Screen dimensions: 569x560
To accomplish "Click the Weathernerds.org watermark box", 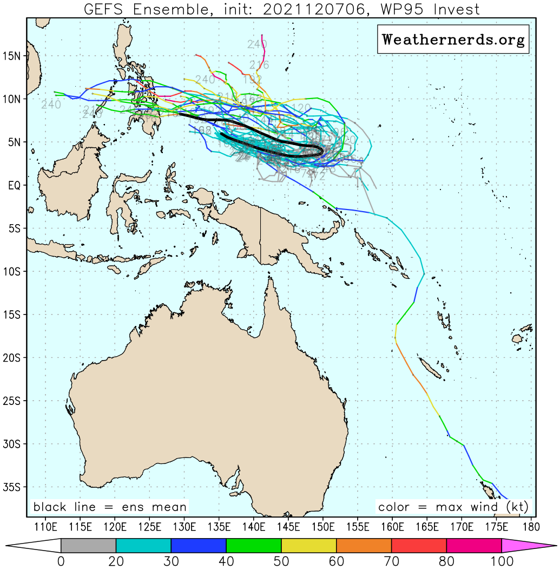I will click(453, 40).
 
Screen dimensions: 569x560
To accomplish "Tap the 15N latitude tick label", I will click(12, 56).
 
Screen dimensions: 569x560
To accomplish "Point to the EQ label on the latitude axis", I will click(15, 185).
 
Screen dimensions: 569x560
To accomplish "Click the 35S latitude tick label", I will click(12, 487).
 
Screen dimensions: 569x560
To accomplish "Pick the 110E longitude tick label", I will click(45, 526).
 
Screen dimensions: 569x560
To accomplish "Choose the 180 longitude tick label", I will click(530, 526).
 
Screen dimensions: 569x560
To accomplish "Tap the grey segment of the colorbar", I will click(88, 545).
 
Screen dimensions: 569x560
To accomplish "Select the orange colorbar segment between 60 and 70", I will click(364, 545).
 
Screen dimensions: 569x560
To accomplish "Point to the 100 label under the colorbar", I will click(502, 561).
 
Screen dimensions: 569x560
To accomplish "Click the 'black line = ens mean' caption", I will click(110, 507).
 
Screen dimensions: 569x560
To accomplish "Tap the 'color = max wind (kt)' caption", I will click(453, 507).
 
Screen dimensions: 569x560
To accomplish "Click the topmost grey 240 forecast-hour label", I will click(257, 44).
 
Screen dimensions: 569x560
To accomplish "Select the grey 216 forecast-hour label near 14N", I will click(260, 65).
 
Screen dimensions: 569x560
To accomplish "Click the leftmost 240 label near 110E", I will click(51, 104).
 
